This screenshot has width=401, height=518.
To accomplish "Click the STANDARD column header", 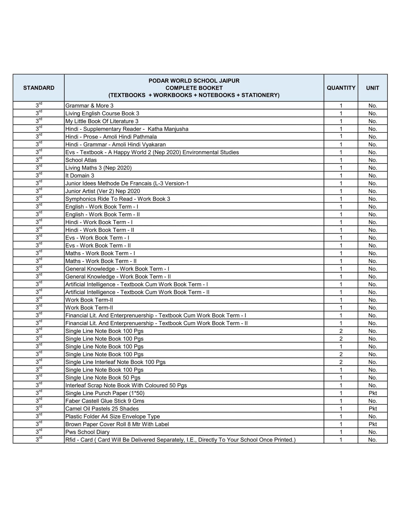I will tap(39, 88).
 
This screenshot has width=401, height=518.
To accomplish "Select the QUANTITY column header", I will tap(341, 88).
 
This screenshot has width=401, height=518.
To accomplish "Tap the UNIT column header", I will tap(373, 88).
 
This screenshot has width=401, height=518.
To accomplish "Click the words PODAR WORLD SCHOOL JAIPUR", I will tap(194, 81).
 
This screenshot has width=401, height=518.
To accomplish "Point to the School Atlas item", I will tap(81, 160).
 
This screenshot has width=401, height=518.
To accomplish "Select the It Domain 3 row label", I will tap(80, 176).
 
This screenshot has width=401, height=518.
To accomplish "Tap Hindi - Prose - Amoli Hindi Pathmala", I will tap(111, 137).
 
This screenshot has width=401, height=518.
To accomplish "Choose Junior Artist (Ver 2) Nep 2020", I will tap(103, 191).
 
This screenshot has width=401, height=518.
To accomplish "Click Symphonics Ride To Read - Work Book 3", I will tap(118, 199).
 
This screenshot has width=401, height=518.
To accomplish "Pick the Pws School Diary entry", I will tap(87, 432).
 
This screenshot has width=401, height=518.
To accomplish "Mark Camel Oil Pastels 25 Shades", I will tap(102, 409).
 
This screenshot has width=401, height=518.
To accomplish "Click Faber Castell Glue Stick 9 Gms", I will tap(105, 401).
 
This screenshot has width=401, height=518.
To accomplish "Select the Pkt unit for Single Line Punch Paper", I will tap(373, 393).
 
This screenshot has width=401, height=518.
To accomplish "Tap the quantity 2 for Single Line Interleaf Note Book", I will tap(341, 362).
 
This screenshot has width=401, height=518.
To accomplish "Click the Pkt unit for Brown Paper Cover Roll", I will tap(373, 424).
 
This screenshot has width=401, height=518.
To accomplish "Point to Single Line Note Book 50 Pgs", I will tap(103, 378).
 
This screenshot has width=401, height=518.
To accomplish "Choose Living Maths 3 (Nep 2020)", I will tap(99, 168).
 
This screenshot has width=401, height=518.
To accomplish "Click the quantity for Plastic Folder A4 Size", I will tap(341, 416).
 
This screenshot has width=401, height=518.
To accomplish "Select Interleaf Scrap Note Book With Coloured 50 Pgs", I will tap(126, 385).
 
